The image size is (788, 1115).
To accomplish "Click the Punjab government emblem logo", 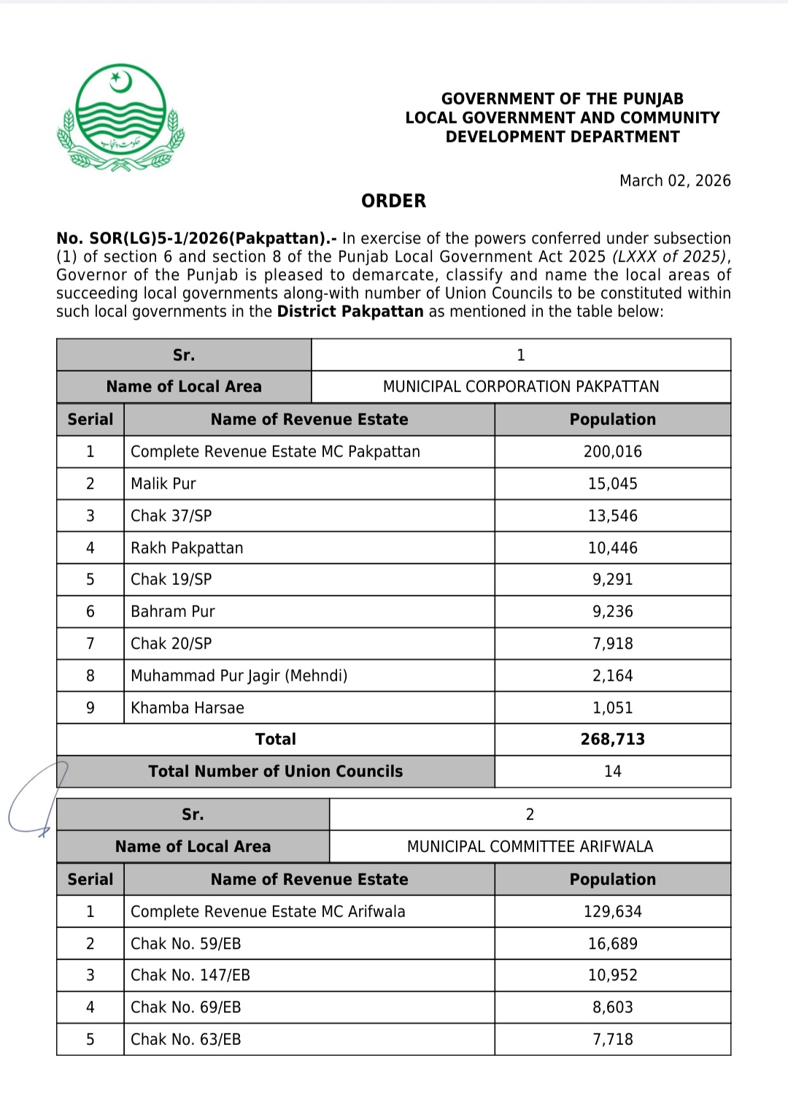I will click(x=120, y=118).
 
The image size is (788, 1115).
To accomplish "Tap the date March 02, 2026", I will click(x=674, y=180).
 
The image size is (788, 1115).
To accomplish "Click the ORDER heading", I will click(x=393, y=201).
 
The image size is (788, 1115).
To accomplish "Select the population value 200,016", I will click(x=612, y=451).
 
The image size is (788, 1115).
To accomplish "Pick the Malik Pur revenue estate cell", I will click(x=163, y=483).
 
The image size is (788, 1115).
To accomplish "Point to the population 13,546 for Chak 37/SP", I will click(x=612, y=516).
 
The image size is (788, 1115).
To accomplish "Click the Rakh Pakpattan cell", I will click(x=187, y=548).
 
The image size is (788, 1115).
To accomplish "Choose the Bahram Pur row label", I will click(x=173, y=611).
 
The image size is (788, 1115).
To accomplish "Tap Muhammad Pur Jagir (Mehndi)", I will click(x=239, y=675).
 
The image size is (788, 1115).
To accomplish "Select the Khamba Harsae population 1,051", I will click(x=612, y=708).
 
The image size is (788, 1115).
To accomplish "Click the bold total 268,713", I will click(x=612, y=739).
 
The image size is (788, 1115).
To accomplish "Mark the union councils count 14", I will click(x=612, y=771).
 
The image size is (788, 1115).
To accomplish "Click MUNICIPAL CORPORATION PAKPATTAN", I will click(x=521, y=386).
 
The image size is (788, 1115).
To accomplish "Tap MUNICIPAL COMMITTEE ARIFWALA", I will click(x=530, y=846).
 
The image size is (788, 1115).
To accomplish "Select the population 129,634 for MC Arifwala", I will click(x=612, y=911).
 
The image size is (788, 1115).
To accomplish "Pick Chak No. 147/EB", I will click(x=190, y=975).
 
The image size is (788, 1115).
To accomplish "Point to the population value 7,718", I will click(x=612, y=1039).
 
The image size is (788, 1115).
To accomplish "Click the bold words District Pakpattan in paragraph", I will click(x=350, y=312).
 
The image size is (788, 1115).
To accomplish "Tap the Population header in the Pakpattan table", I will click(x=612, y=419).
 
